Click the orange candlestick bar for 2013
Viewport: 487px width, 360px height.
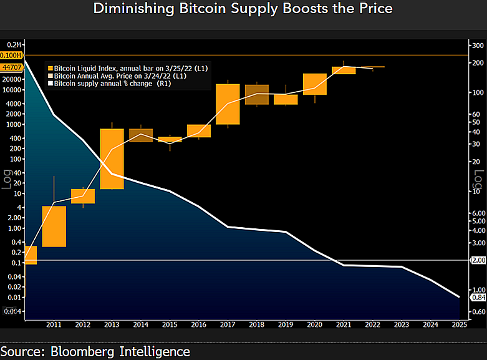112,159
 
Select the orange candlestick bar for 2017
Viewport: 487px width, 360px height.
228,104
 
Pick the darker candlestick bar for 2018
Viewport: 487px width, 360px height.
257,94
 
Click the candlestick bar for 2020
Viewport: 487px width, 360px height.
315,84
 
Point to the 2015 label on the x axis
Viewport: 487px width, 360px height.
170,325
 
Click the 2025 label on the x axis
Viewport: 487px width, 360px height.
460,325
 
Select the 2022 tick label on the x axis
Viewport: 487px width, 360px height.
372,325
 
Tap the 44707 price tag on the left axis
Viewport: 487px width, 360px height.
12,67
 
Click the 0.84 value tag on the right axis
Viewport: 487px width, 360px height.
479,298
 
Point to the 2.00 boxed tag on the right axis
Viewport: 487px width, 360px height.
479,260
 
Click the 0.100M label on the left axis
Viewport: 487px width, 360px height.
11,56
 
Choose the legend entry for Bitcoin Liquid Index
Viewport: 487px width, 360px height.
128,69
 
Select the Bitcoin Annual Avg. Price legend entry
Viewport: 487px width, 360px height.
117,76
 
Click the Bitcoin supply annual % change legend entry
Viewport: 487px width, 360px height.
109,84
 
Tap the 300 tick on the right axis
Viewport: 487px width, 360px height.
478,46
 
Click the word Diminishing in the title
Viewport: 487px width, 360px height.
134,8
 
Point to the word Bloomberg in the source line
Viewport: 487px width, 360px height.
82,352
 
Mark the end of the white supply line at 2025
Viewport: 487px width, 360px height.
460,297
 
